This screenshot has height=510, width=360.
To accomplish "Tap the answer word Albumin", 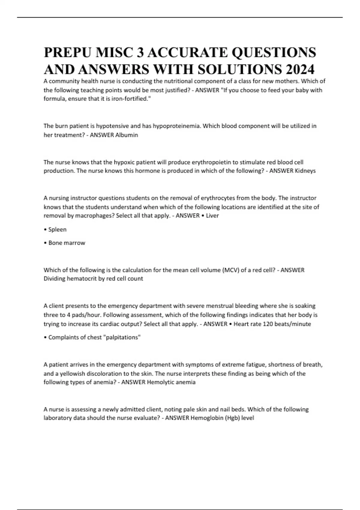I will (127, 135).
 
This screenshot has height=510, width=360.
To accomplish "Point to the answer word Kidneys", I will (305, 171).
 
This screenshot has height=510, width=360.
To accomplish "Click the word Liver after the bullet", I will (212, 215).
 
